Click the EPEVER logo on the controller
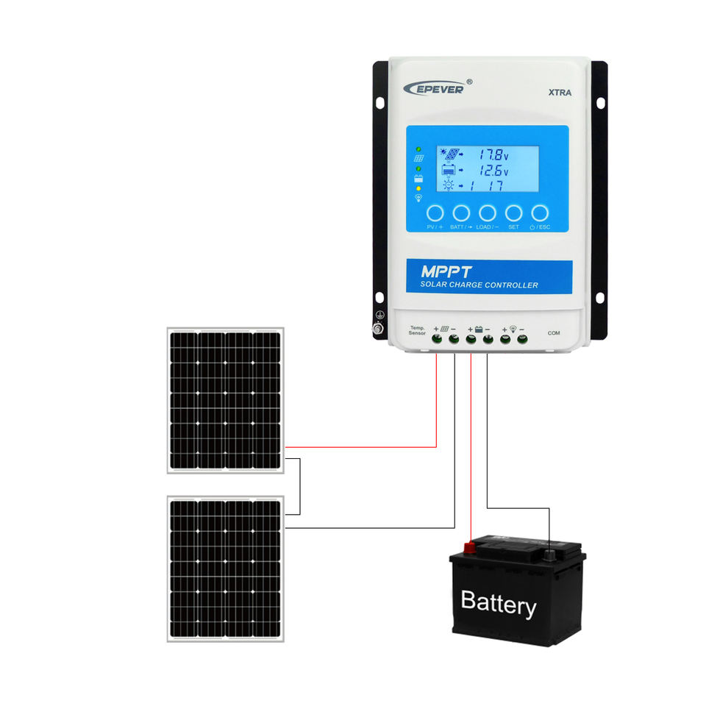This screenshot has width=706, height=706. (x=434, y=88)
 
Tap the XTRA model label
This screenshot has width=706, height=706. (x=560, y=93)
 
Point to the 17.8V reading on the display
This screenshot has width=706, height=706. (x=491, y=155)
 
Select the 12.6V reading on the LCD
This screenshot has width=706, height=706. (x=491, y=171)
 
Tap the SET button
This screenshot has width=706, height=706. (x=514, y=213)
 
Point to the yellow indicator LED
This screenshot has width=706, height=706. (x=418, y=188)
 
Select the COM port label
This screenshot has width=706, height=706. (x=554, y=333)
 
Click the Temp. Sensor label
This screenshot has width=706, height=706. (x=418, y=331)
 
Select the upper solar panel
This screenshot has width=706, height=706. (x=225, y=400)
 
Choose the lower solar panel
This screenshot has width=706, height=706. (x=225, y=568)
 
